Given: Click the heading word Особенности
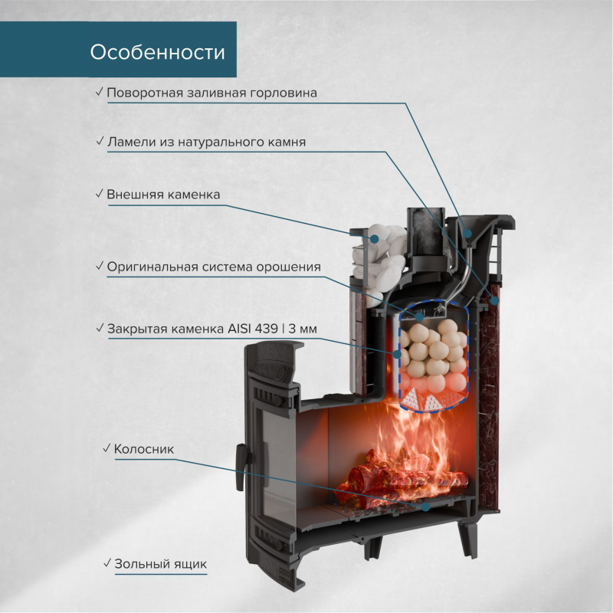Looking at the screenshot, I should pos(157,52).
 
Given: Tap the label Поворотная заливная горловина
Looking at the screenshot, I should pos(211,93).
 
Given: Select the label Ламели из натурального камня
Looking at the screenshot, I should pos(206,143).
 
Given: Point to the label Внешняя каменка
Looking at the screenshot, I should pos(163,195).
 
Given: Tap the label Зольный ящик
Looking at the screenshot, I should pos(161,563).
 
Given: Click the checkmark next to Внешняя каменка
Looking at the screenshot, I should pos(100,195).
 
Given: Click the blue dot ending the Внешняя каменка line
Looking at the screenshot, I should pos(375,240).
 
